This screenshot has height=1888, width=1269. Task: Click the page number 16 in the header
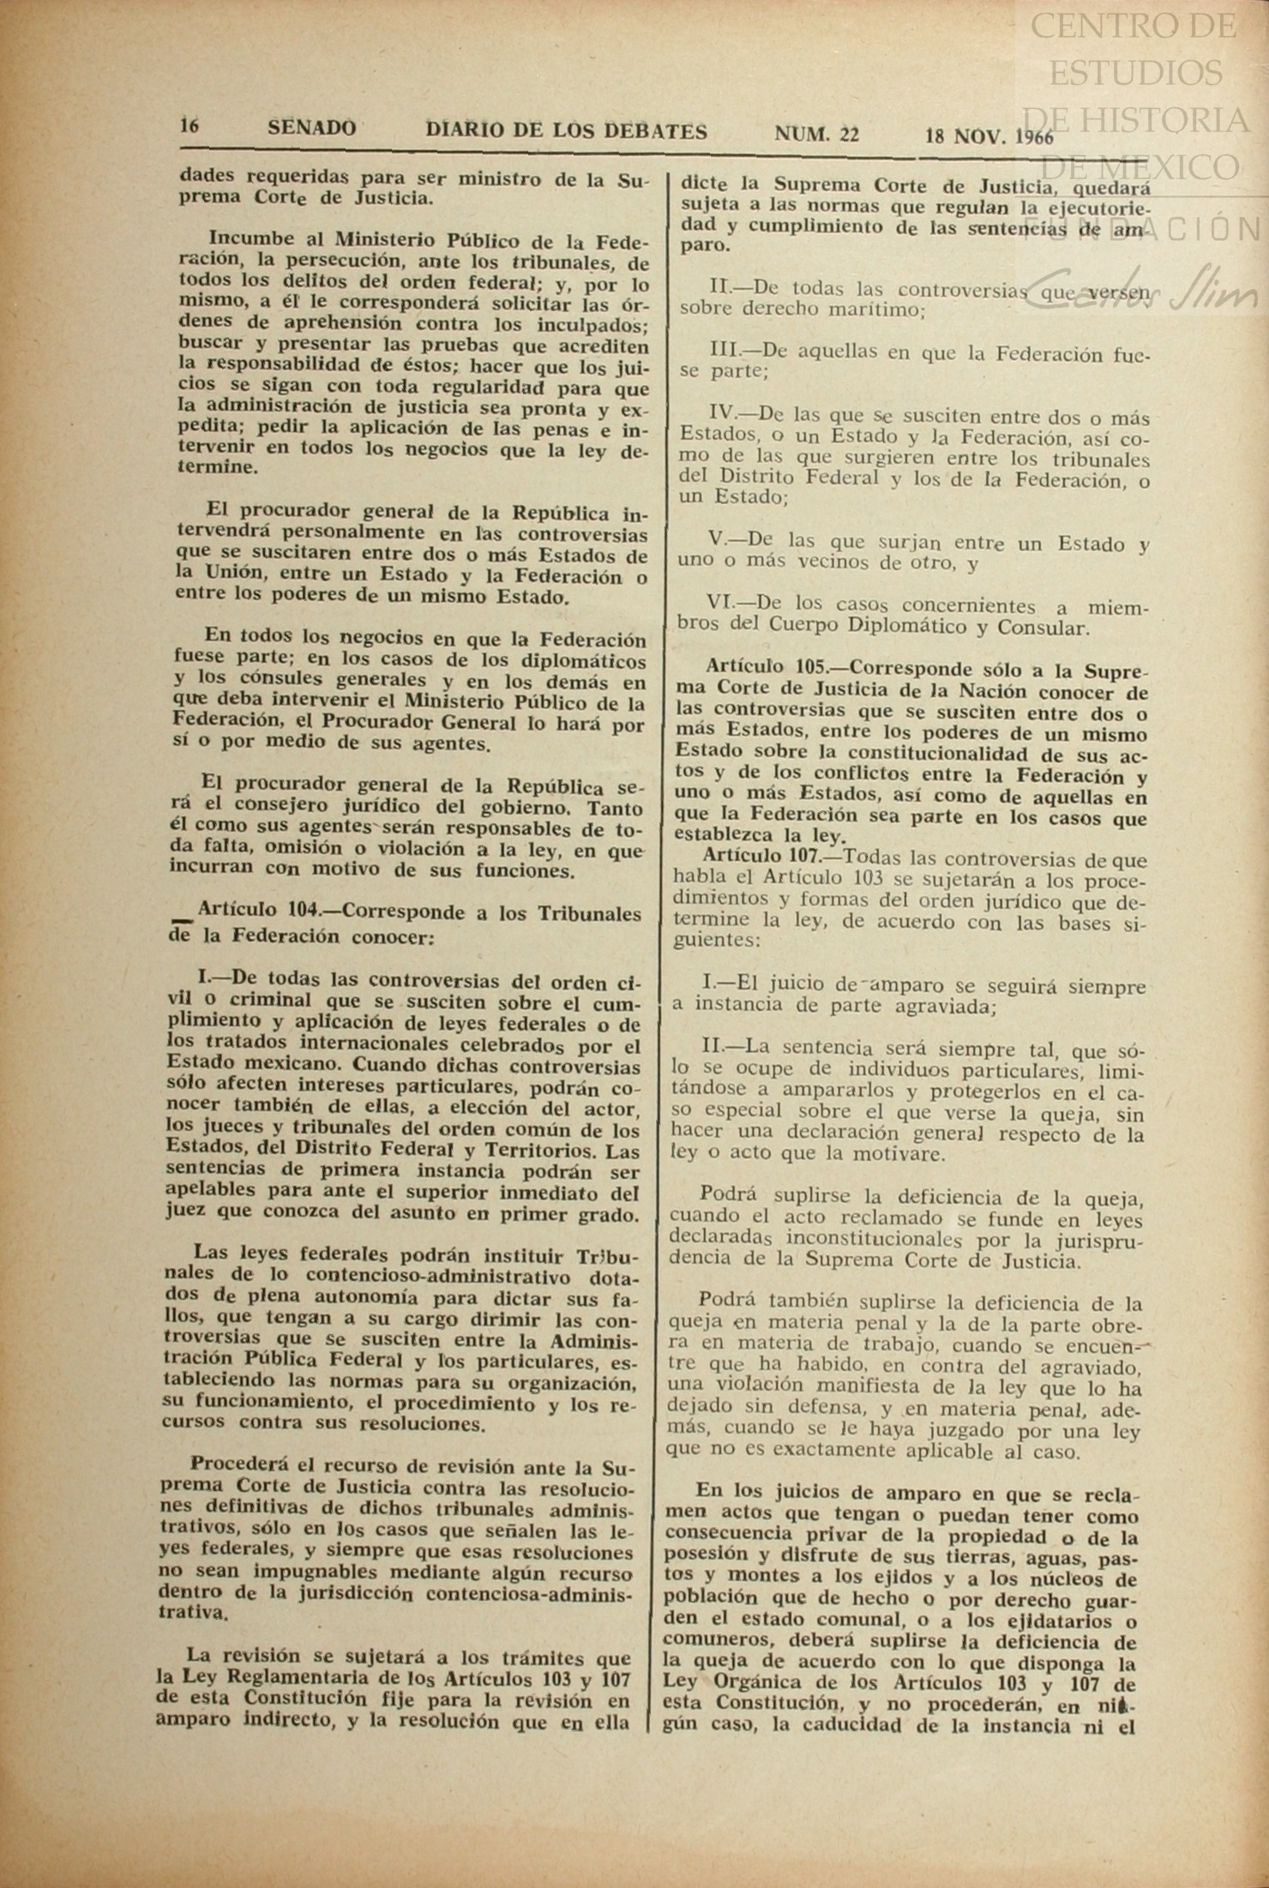(189, 125)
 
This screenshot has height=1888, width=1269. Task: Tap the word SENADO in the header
(311, 129)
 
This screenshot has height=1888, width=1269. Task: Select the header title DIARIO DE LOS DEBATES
(567, 131)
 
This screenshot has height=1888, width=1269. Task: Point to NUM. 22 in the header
(816, 134)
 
